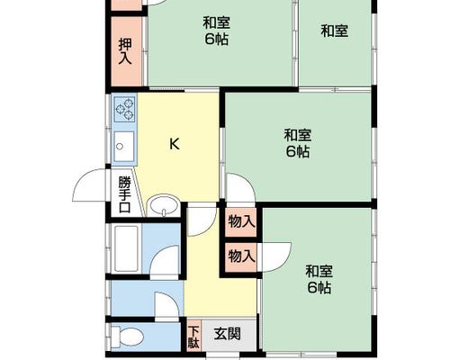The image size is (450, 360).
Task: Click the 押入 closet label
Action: point(125,51)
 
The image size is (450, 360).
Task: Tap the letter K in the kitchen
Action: point(175,144)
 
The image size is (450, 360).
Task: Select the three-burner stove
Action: point(125,109)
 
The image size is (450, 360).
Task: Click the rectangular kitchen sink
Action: point(124,147)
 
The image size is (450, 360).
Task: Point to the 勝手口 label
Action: point(125,195)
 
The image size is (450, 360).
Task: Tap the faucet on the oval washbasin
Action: point(164,212)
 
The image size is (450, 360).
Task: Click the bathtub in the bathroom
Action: point(126,248)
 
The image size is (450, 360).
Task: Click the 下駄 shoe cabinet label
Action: point(193,337)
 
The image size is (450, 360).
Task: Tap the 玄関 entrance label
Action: point(228,334)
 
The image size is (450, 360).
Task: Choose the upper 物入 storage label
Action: point(241,222)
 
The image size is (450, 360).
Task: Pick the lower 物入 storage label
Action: point(241,256)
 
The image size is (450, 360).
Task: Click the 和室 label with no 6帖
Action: point(335,31)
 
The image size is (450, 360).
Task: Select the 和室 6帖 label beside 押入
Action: point(217,31)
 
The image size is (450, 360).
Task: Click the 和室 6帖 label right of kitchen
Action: point(298,143)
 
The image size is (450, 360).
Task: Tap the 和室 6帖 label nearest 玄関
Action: point(319,279)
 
